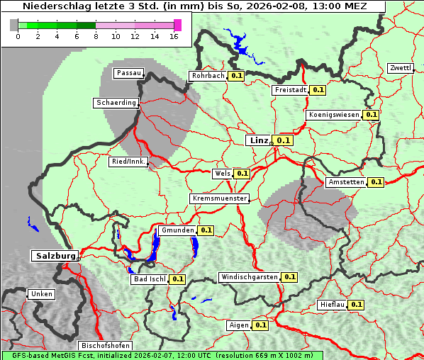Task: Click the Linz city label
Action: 259,140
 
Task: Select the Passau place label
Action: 128,73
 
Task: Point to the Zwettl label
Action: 400,68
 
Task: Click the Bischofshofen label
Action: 105,345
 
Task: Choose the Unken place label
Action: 40,294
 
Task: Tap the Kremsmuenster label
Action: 219,198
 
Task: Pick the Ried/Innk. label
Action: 128,162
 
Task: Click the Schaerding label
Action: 116,103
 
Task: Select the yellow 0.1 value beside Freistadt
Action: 318,90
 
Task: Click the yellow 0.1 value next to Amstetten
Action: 376,182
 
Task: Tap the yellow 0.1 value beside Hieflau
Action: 356,305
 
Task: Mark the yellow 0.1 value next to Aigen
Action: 260,325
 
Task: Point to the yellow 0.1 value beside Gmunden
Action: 206,230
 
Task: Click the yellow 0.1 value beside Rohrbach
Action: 236,76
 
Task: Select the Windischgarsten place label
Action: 249,277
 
